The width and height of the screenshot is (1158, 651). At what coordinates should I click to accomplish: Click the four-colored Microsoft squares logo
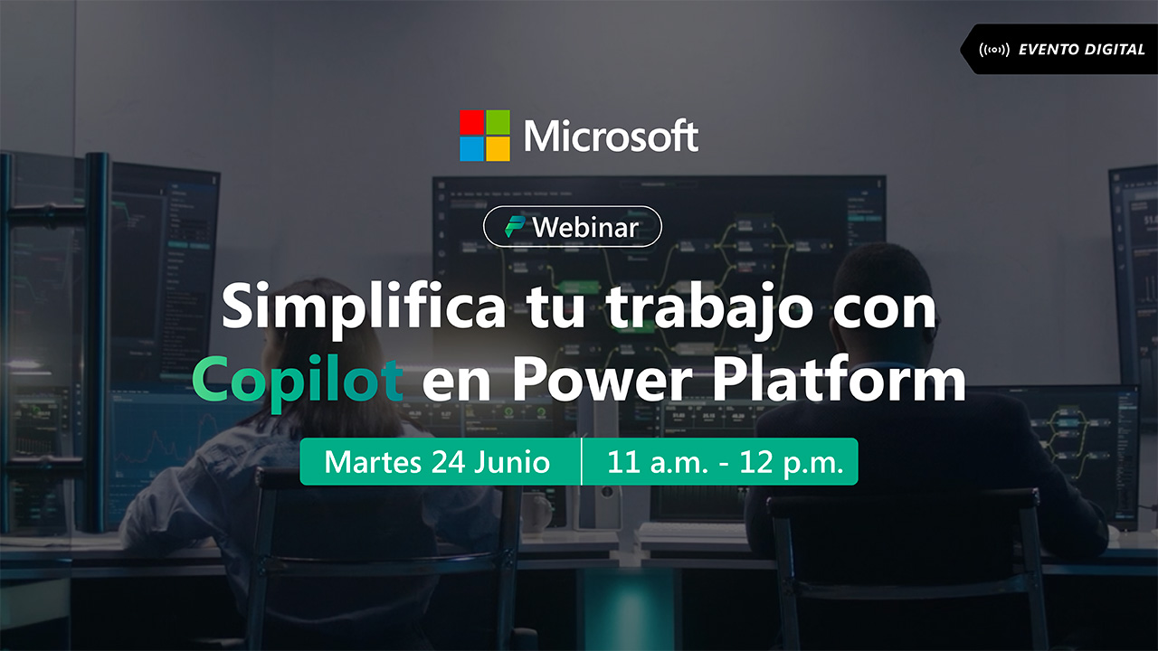coord(485,136)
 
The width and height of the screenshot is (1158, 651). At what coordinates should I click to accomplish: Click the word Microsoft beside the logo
coord(611,136)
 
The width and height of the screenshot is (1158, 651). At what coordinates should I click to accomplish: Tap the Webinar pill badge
coord(573,226)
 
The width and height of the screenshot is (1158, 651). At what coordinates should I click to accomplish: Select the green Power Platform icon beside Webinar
coord(515,227)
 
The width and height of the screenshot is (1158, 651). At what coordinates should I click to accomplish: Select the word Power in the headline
coord(603,379)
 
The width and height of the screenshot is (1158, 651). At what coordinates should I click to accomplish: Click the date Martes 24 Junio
coord(437,462)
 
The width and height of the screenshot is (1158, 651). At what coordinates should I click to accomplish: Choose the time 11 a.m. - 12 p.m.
coord(726,462)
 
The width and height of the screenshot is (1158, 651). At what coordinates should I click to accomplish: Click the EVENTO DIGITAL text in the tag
coord(1081,50)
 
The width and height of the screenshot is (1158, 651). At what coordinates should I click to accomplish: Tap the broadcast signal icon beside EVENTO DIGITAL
coord(994,50)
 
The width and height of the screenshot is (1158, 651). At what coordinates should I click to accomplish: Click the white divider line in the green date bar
coord(581,461)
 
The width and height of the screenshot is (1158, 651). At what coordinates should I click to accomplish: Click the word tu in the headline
coord(555,310)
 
